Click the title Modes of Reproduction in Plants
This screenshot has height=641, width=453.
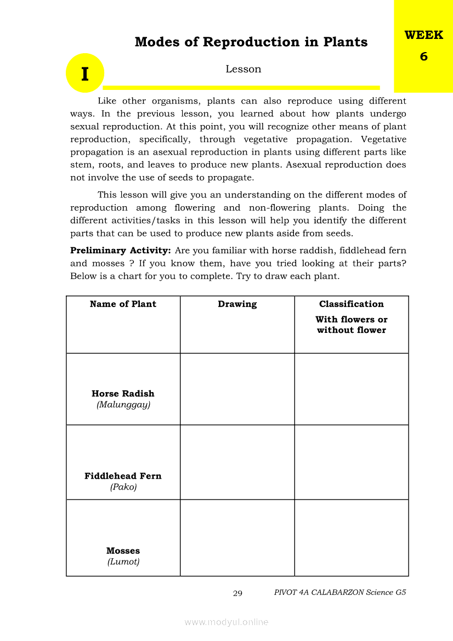coord(251,42)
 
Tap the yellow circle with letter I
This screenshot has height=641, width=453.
coord(85,73)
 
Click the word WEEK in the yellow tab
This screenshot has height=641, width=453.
coord(423,35)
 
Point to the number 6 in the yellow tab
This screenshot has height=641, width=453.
coord(423,56)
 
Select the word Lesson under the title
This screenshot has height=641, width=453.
coord(243,69)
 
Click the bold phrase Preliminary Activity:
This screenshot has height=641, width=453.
coord(121,251)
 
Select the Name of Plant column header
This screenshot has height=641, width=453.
coord(123,304)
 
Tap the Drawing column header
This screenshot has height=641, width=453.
coord(237,304)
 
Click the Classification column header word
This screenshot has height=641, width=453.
coord(351,304)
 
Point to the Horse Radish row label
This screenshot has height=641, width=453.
coord(123,394)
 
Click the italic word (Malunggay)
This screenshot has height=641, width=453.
coord(123,405)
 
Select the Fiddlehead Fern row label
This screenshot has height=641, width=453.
coord(123,476)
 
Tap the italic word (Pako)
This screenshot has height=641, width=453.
coord(123,487)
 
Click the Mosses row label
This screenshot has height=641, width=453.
coord(123,551)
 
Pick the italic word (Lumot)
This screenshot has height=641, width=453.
coord(123,562)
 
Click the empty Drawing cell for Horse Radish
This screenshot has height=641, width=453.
coord(237,389)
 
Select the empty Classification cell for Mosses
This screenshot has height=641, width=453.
coord(351,538)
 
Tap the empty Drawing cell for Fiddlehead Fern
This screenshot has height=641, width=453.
coord(237,462)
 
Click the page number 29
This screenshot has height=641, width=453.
coord(237,593)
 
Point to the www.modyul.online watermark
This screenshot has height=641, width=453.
coord(226,622)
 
